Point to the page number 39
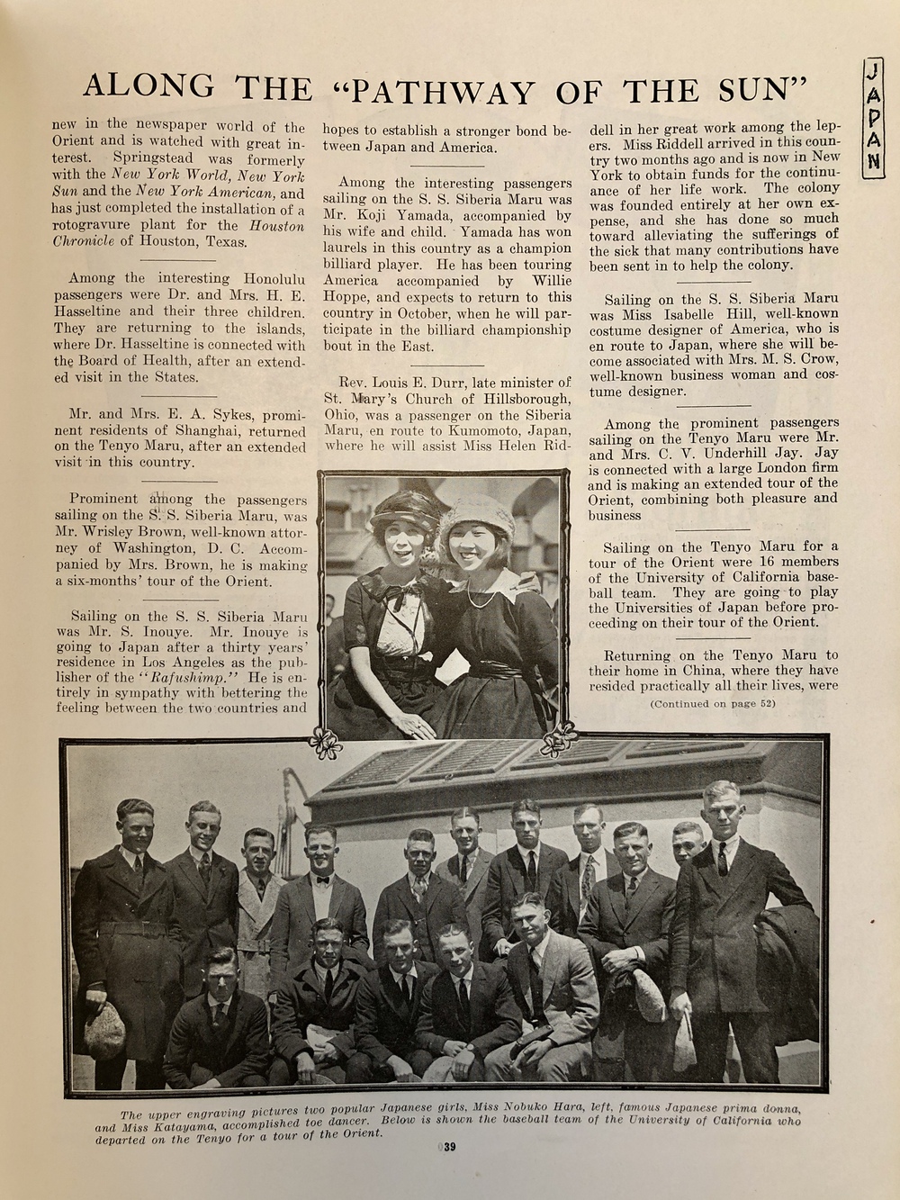coord(449,1147)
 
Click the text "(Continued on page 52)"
coord(712,703)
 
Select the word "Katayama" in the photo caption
coord(186,1125)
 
